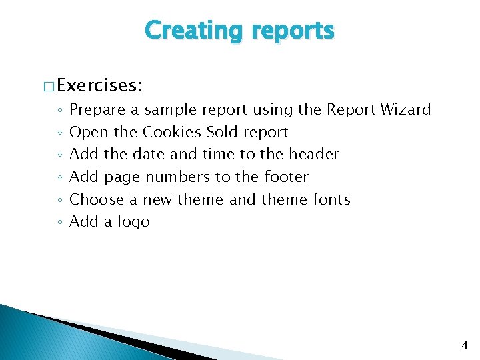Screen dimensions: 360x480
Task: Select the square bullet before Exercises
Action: click(49, 85)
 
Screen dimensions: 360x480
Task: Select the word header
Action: click(313, 154)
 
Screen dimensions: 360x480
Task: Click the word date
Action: click(148, 154)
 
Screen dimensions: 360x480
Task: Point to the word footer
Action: click(285, 177)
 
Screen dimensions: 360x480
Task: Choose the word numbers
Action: click(177, 177)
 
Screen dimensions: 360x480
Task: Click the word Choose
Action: click(97, 199)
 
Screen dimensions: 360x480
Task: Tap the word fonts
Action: click(331, 199)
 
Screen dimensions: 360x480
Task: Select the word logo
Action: click(133, 222)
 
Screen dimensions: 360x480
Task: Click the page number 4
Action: click(465, 345)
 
